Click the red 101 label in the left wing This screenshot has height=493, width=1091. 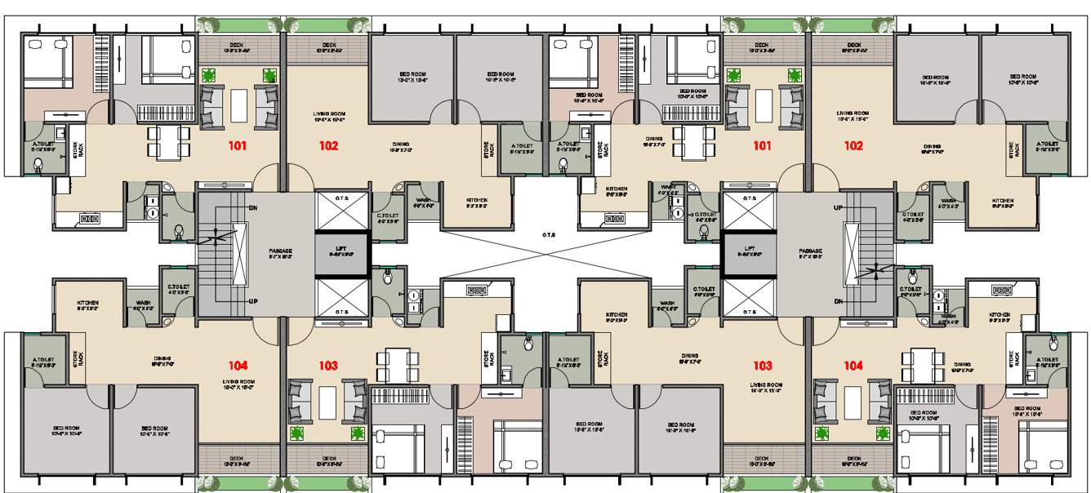[237, 147]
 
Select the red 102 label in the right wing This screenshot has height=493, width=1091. [853, 147]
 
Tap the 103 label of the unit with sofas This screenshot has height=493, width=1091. [328, 366]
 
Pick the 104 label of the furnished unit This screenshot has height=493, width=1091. [853, 366]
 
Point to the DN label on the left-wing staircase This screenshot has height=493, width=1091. [254, 208]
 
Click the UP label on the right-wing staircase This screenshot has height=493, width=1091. [837, 208]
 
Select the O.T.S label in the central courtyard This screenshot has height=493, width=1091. [548, 236]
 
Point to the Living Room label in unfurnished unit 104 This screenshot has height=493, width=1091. [238, 384]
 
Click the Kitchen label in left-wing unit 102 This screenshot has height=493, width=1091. [477, 202]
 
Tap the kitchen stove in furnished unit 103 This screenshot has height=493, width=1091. [475, 289]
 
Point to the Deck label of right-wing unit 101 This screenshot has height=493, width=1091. [761, 47]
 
